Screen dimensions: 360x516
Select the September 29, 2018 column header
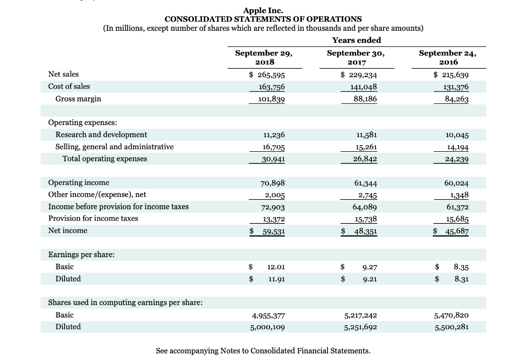[264, 57]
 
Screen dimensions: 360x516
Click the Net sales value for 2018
[267, 75]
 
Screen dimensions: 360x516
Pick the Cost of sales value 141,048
[360, 87]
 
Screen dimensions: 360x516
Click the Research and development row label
[101, 135]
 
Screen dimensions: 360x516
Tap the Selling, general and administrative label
[114, 147]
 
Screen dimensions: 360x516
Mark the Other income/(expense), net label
[97, 194]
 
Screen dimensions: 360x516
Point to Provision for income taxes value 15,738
[362, 219]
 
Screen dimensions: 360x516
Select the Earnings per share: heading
[81, 255]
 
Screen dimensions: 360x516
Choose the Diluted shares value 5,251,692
[360, 327]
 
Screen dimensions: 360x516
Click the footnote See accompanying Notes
[263, 350]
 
